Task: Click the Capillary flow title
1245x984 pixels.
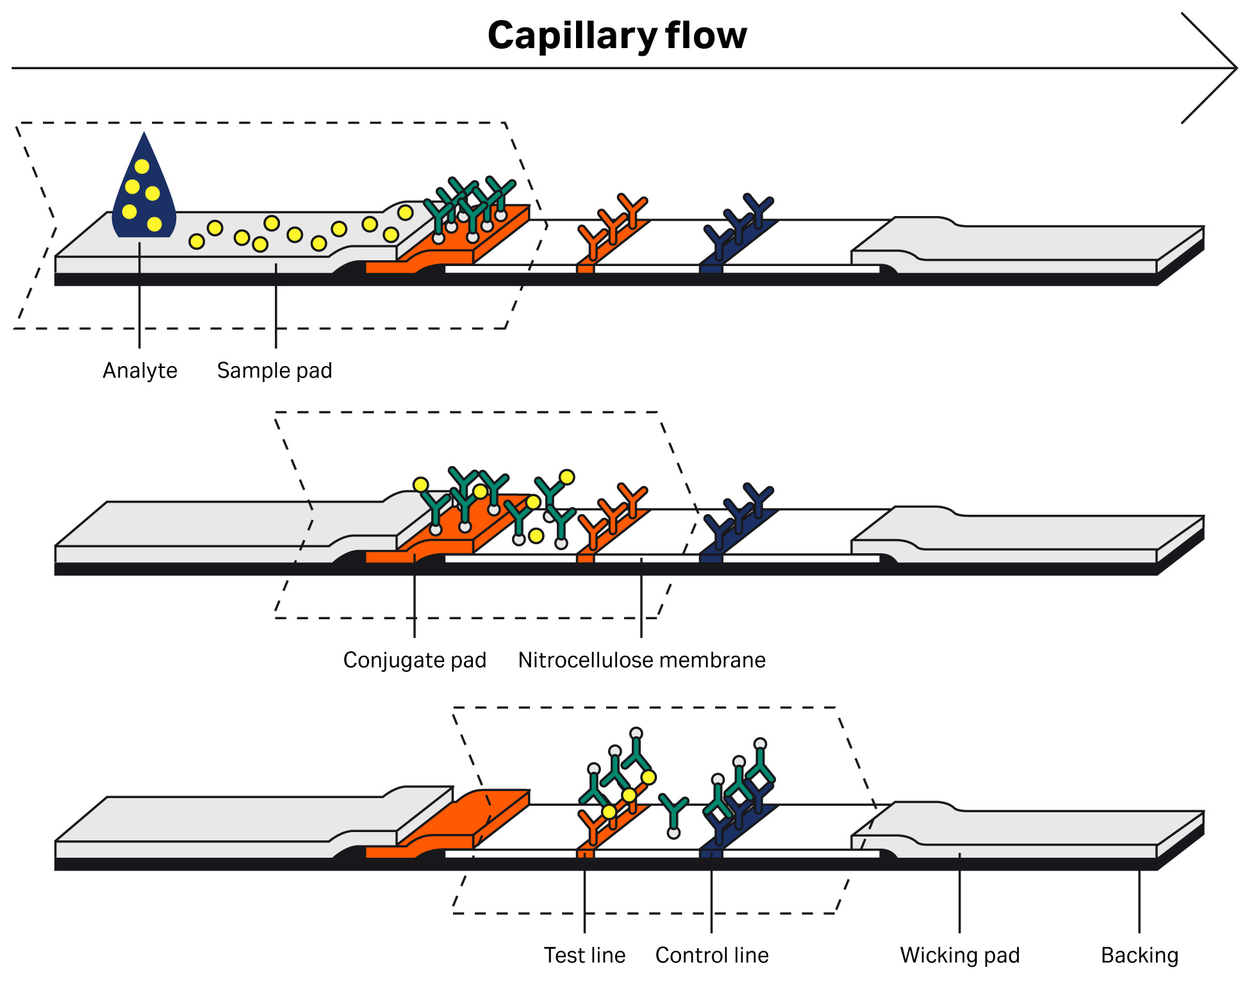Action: point(616,35)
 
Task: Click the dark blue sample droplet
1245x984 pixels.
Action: point(144,192)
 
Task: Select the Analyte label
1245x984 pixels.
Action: point(140,371)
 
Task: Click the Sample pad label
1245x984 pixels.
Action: point(274,371)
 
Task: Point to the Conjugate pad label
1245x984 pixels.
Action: point(415,660)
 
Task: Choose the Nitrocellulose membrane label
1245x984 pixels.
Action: point(641,660)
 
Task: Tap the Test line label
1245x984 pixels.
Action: point(584,955)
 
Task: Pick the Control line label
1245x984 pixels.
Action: point(711,955)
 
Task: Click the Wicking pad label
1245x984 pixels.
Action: point(959,955)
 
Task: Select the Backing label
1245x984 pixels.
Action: point(1139,955)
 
